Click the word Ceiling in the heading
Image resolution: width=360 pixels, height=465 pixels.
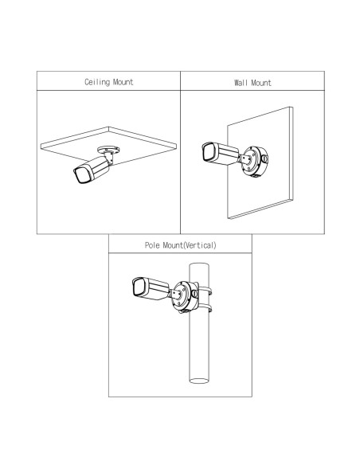coord(97,82)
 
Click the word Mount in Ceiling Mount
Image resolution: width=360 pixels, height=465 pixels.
coord(123,82)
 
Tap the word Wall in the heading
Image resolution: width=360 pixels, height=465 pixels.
coord(241,83)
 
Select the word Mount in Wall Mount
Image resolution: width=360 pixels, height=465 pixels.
coord(261,83)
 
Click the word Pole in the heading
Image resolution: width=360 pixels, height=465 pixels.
coord(152,245)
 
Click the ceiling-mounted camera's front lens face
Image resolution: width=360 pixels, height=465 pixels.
coord(81,175)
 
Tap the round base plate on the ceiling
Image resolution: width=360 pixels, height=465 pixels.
coord(108,150)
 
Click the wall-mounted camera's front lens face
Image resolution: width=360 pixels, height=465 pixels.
coord(209,152)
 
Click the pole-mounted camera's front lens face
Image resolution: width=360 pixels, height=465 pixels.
coord(139,287)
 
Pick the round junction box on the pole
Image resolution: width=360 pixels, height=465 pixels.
coord(185,296)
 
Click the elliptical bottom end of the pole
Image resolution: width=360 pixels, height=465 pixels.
coord(199,381)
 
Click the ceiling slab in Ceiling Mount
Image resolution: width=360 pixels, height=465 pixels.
coord(108,146)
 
